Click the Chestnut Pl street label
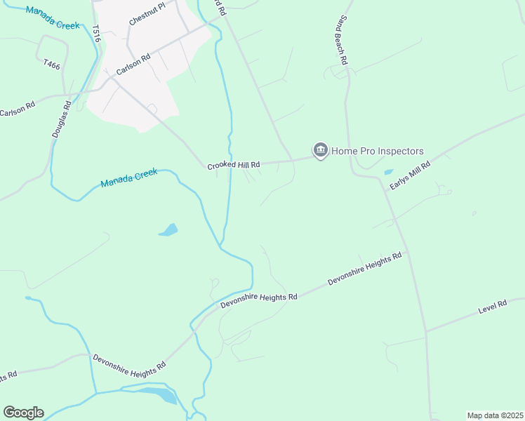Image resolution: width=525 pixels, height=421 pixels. tap(147, 14)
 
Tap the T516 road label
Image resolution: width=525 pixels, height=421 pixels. tap(96, 34)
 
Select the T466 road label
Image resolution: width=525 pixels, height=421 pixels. tap(51, 64)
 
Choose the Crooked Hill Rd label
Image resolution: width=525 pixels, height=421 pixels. tap(234, 165)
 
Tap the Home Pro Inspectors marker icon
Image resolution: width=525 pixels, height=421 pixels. tap(321, 151)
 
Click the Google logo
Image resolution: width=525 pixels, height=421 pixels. tap(23, 413)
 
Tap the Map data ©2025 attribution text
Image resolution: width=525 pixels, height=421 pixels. tap(495, 415)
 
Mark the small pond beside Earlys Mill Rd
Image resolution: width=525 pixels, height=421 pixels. tap(388, 172)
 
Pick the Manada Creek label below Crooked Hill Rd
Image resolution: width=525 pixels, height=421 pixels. tap(129, 178)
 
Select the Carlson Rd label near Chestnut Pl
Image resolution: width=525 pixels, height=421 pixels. tap(133, 67)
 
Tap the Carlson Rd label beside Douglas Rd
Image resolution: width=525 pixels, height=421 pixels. tap(18, 110)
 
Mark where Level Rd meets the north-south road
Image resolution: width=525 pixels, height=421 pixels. tap(426, 330)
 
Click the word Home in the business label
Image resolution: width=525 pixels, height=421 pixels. tap(345, 151)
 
